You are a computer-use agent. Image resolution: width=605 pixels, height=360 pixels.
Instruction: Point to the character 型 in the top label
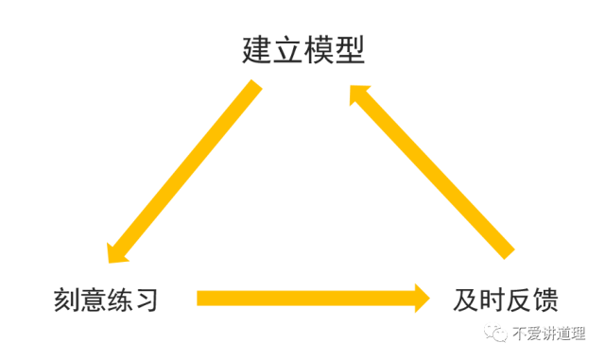click(x=349, y=49)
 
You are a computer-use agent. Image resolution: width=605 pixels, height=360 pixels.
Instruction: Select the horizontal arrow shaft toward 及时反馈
click(x=302, y=299)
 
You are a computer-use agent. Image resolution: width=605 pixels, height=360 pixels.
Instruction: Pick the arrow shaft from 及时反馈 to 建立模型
click(x=435, y=170)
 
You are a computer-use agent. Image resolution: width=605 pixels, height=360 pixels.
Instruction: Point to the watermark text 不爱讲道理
click(x=548, y=334)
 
